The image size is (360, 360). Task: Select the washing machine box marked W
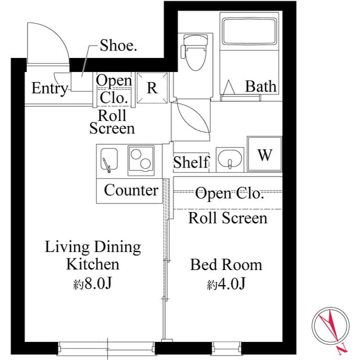[x=264, y=155]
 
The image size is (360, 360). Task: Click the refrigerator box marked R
[x=152, y=88]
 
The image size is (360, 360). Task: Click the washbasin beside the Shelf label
[x=229, y=159]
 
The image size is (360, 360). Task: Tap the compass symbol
[x=330, y=329]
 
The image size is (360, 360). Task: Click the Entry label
[x=49, y=88]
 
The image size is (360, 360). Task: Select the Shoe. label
[x=118, y=46]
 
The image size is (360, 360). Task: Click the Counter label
[x=131, y=190]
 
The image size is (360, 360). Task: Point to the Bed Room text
[x=226, y=264]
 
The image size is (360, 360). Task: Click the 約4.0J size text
[x=226, y=284]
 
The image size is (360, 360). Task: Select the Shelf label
[x=191, y=163]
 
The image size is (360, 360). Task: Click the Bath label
[x=261, y=87]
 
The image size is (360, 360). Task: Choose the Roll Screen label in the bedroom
[x=228, y=218]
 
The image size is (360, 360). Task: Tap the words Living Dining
[x=93, y=246]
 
